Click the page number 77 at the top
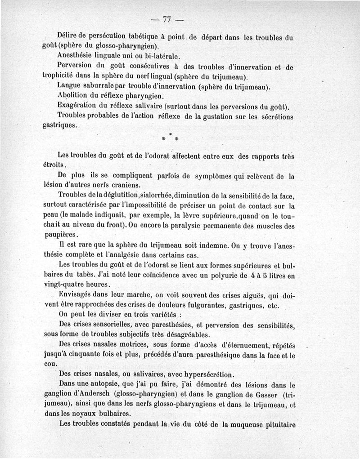tap(167, 19)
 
